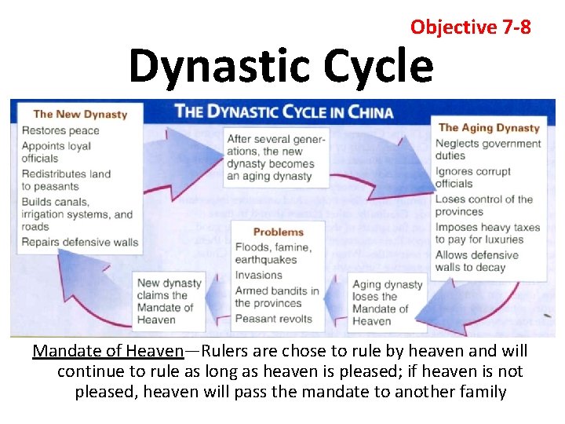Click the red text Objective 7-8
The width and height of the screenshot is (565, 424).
pos(470,27)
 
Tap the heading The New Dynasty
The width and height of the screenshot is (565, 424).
pos(80,114)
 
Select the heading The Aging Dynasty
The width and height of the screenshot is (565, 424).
pos(489,127)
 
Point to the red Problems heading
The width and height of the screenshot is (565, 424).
pos(278,232)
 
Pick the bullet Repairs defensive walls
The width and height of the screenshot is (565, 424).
pos(79,242)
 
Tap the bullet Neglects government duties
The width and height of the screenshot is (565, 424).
pos(487,149)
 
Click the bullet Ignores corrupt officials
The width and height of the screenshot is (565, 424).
pos(472,177)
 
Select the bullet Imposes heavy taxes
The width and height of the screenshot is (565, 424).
pos(487,233)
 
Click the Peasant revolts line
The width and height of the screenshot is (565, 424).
pos(273,319)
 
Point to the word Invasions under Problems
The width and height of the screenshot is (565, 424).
pos(258,275)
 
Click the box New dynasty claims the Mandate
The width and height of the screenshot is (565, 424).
pos(168,301)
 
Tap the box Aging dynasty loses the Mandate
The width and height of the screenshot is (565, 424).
pos(387,302)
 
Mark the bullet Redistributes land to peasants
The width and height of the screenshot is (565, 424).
pos(66,180)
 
